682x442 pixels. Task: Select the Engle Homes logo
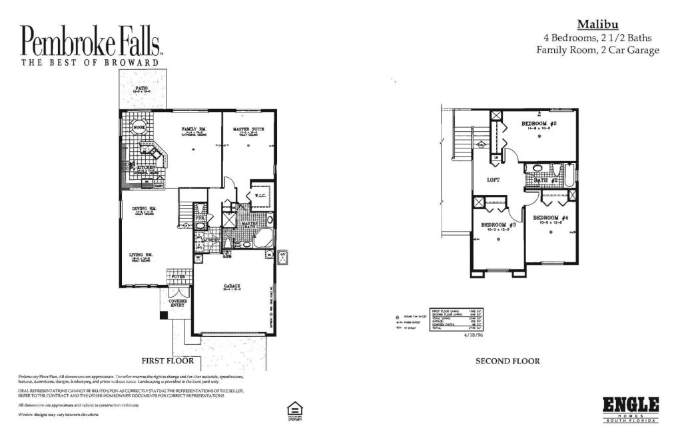(630, 407)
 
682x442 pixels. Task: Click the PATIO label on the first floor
(141, 87)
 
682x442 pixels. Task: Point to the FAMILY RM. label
(193, 128)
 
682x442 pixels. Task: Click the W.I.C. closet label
(260, 196)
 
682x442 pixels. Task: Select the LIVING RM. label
(141, 254)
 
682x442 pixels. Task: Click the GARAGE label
(232, 286)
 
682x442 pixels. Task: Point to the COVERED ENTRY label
(178, 304)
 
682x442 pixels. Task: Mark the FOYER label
(178, 276)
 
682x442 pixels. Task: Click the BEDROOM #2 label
(539, 124)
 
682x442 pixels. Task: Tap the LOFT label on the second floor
(494, 180)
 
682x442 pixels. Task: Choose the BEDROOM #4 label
(550, 218)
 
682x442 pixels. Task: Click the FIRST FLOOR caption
(167, 361)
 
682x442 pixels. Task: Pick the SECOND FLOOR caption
(507, 361)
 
